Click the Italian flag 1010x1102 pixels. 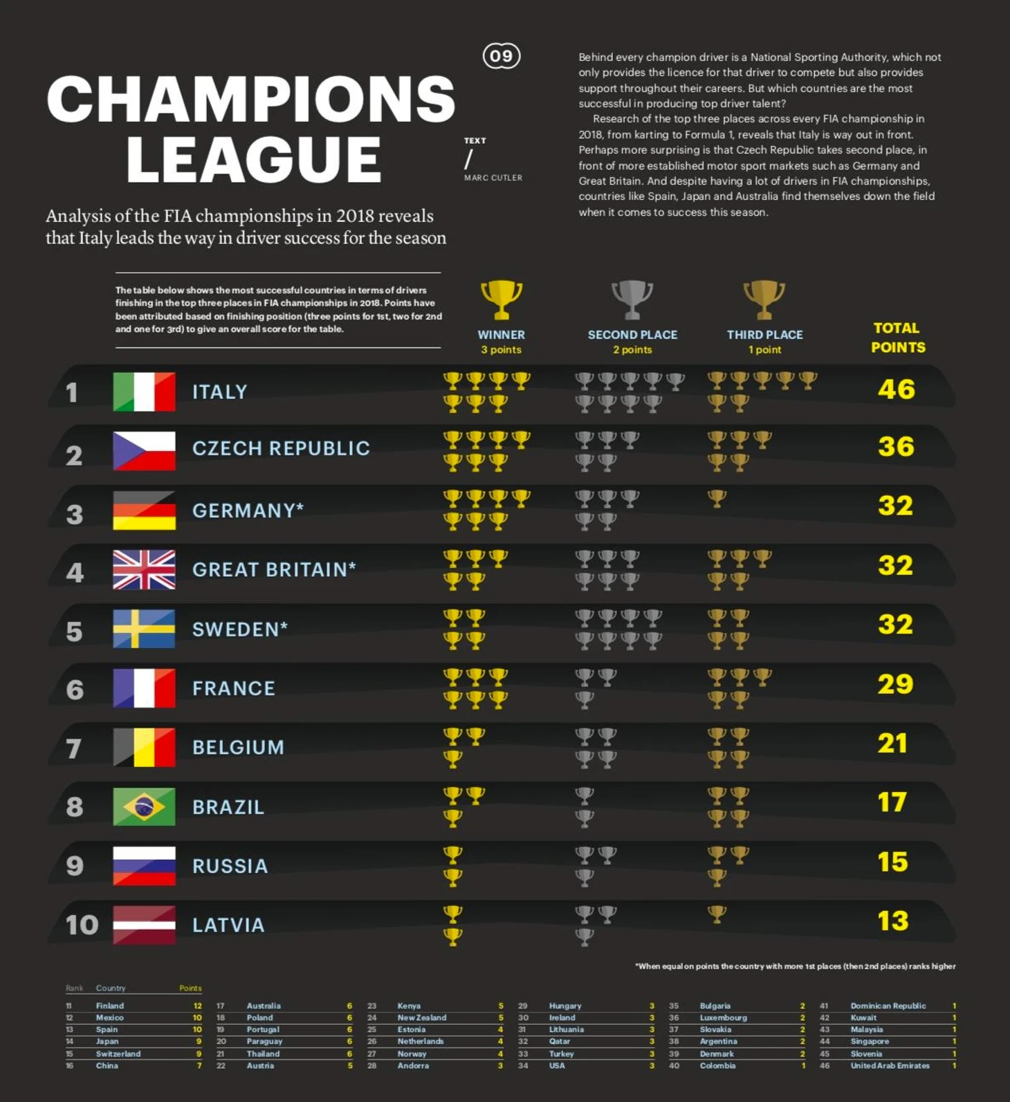point(144,392)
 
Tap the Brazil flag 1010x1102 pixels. point(144,807)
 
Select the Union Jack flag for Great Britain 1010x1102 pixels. point(144,569)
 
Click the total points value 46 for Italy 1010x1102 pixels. point(896,389)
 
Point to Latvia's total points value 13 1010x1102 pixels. point(892,921)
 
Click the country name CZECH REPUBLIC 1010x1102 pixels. point(281,448)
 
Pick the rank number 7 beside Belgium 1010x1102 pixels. point(74,748)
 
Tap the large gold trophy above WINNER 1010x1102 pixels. point(501,300)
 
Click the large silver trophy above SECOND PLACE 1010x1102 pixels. point(632,300)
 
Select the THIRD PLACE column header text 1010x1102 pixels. point(764,335)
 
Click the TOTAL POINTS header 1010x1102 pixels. point(898,338)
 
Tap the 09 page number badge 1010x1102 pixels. point(502,56)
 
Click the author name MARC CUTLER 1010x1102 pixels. point(493,178)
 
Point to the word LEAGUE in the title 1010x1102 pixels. point(253,159)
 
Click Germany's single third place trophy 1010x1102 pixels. point(717,498)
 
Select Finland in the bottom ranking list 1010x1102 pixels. point(110,1006)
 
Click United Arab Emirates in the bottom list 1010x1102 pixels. point(890,1065)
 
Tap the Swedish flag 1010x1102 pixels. point(144,629)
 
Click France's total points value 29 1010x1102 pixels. point(895,684)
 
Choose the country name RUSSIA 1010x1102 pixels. point(230,866)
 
